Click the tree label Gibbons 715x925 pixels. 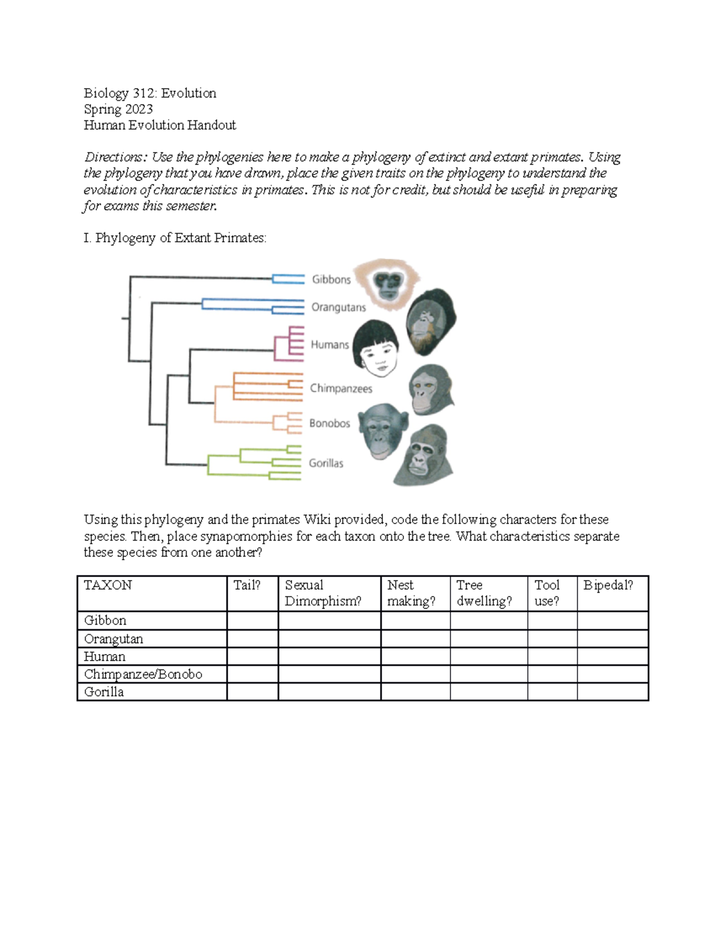[331, 279]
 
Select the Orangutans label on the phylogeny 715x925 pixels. [338, 307]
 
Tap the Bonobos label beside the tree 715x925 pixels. [329, 423]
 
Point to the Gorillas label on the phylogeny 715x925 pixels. [326, 463]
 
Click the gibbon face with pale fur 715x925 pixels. [388, 284]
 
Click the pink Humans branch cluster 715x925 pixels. [289, 344]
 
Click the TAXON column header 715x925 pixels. [108, 585]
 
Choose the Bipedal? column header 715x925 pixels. [608, 585]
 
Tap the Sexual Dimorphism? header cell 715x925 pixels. [323, 593]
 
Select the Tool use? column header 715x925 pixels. [547, 593]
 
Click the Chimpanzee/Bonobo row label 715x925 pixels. [143, 674]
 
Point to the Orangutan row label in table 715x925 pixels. [113, 639]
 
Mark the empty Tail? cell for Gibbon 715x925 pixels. [252, 621]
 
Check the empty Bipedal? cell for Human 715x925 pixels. [612, 656]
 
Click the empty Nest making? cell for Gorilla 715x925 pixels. [415, 692]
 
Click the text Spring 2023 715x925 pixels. [118, 109]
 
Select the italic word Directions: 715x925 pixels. [115, 157]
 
